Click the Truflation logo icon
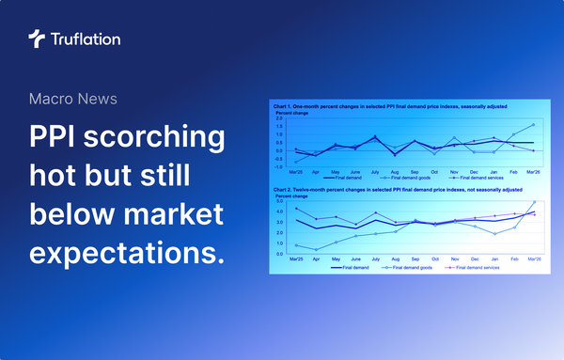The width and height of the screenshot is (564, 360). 36,39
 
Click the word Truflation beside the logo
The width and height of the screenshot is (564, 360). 85,39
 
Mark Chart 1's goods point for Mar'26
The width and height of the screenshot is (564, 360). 534,125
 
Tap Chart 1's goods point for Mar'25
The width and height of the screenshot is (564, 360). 295,162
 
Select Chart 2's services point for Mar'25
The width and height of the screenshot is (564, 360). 295,209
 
